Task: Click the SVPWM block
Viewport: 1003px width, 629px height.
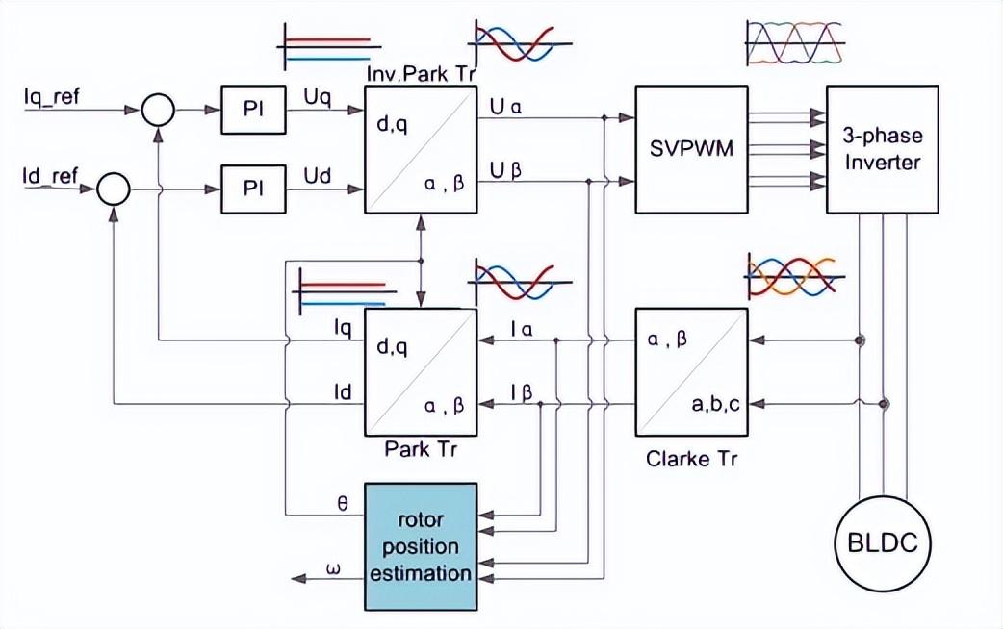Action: tap(691, 149)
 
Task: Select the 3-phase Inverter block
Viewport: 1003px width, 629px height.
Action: tap(882, 149)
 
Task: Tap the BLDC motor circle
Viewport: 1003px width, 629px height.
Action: tap(882, 545)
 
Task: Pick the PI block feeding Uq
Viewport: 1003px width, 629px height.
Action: tap(253, 111)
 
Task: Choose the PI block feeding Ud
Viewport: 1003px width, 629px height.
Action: tap(253, 188)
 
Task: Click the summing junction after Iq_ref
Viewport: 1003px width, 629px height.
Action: tap(157, 111)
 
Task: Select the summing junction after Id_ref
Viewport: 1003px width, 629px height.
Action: tap(114, 189)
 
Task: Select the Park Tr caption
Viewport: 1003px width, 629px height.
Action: tap(421, 448)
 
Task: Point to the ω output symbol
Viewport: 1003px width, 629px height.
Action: tap(334, 569)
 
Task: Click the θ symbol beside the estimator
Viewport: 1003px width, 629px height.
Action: tap(345, 500)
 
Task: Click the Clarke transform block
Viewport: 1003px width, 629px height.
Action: tap(691, 371)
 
